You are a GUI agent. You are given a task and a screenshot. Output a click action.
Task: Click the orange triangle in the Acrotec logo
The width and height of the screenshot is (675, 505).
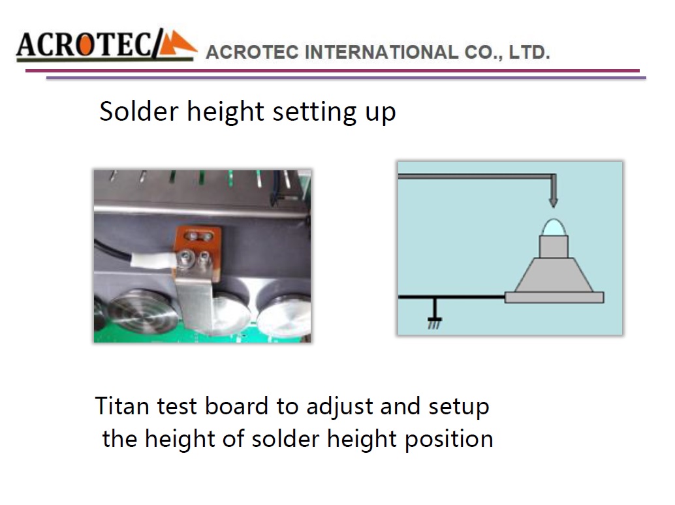[176, 44]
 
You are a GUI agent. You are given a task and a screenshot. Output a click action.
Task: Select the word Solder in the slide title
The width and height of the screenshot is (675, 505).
[139, 112]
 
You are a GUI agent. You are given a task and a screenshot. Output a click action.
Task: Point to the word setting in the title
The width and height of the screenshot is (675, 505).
[315, 112]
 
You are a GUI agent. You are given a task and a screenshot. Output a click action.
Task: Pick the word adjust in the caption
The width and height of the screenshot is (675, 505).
[339, 406]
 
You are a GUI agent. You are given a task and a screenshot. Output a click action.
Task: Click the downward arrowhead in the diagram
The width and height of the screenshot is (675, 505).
[554, 202]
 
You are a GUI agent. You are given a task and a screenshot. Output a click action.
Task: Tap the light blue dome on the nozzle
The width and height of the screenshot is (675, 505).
[554, 227]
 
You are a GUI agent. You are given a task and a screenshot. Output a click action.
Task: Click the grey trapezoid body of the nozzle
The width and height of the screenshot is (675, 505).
[554, 275]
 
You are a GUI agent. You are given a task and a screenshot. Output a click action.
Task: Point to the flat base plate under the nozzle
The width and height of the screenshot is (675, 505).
[554, 298]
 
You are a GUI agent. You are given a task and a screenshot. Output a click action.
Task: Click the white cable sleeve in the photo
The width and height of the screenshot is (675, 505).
[153, 260]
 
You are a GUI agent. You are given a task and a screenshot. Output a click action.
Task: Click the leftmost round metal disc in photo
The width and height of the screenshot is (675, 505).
[143, 310]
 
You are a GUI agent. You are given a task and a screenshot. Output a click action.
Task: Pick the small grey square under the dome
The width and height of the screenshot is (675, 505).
[554, 247]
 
